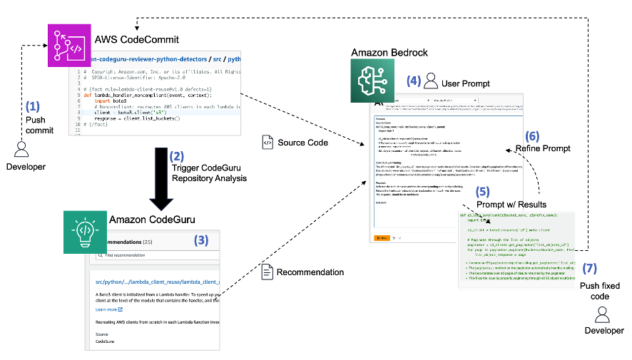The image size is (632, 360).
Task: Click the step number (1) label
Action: click(x=34, y=107)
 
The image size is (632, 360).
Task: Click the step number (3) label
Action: click(x=202, y=240)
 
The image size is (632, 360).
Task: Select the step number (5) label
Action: click(x=483, y=192)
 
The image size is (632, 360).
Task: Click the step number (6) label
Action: click(x=532, y=135)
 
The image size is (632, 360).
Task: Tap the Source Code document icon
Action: click(x=267, y=143)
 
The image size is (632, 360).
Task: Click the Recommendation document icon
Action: click(x=267, y=272)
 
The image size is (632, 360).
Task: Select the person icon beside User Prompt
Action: click(x=430, y=83)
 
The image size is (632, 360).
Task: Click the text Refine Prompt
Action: click(x=544, y=148)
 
